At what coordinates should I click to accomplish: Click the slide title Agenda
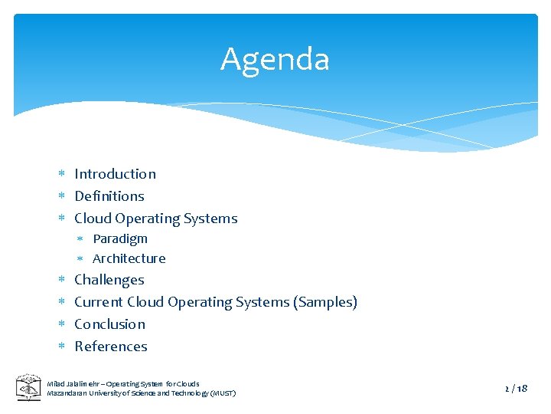coord(275,60)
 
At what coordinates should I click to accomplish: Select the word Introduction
coord(115,174)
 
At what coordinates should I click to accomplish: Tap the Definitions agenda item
coord(109,196)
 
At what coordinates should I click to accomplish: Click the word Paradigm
coord(120,238)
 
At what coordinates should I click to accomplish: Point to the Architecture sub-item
coord(129,258)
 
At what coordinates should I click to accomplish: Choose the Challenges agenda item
coord(109,280)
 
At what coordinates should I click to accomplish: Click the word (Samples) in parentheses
coord(325,302)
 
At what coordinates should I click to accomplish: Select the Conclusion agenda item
coord(109,324)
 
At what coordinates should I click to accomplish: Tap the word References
coord(111,347)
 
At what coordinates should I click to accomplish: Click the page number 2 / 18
coord(517,388)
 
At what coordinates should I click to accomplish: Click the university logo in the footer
coord(29,387)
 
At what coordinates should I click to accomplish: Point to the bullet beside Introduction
coord(63,175)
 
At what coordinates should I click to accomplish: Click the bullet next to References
coord(63,347)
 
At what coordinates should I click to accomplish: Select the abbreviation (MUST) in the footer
coord(220,393)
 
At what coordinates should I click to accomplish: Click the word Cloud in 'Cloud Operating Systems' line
coord(93,219)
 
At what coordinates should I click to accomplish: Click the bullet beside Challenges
coord(63,281)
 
